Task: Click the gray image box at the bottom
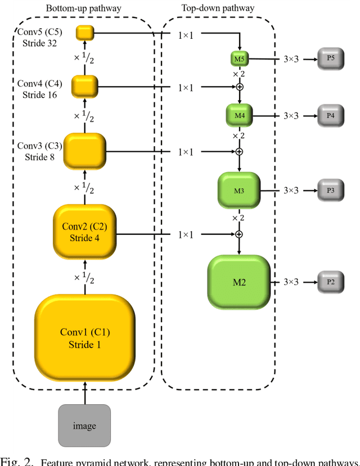(x=84, y=426)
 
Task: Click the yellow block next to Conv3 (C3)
(x=84, y=151)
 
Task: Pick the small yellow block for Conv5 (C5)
(x=84, y=33)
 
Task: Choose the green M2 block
(x=240, y=282)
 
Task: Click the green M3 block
(x=239, y=191)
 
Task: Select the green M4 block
(x=240, y=115)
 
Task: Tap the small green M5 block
(x=240, y=58)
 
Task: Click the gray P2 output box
(x=330, y=282)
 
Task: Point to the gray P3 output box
(x=330, y=191)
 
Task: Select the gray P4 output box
(x=330, y=115)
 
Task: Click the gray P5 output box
(x=330, y=58)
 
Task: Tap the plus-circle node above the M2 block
(x=239, y=234)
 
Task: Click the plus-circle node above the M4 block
(x=239, y=87)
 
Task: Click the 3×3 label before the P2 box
(x=291, y=282)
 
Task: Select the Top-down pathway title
(x=218, y=8)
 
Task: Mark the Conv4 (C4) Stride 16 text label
(x=39, y=89)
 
